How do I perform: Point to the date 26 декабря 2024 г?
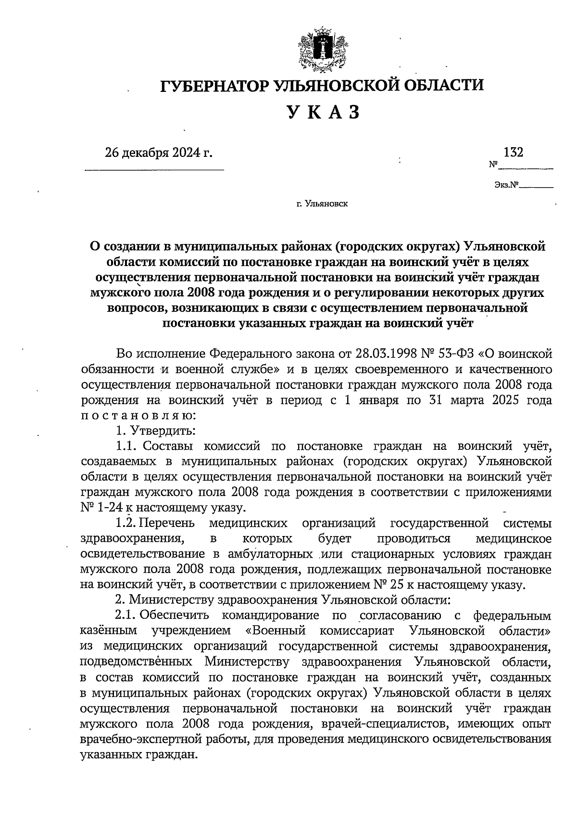(x=159, y=153)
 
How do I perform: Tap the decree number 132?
(x=513, y=153)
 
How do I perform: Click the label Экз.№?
(x=505, y=184)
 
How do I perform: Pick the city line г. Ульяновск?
(x=322, y=204)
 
